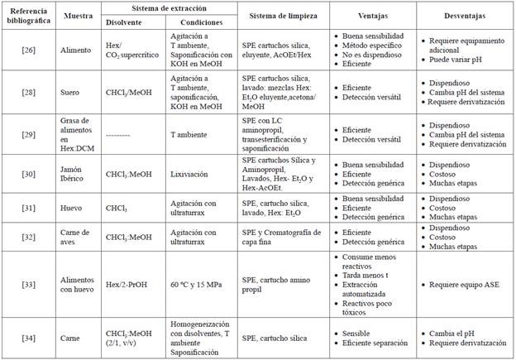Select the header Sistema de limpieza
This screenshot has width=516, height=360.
(280, 16)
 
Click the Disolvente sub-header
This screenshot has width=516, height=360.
(124, 23)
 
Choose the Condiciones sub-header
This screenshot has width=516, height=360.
(199, 23)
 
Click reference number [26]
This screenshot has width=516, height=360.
(27, 49)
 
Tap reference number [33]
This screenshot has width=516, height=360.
(27, 286)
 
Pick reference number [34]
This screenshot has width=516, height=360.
(27, 338)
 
